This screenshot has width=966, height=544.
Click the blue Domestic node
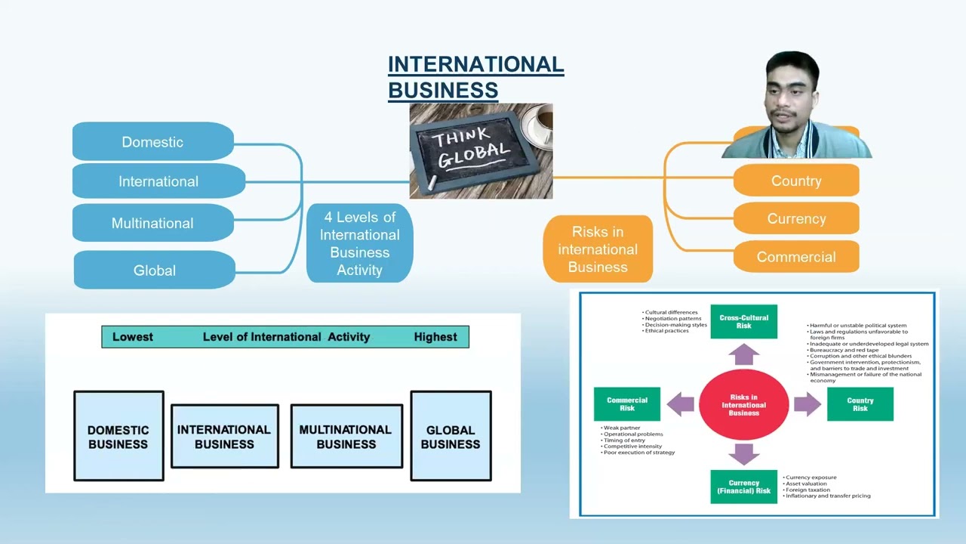tap(153, 142)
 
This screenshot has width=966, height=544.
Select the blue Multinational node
tap(153, 223)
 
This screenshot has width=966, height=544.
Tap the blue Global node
tap(155, 270)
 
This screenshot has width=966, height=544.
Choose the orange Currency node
tap(796, 218)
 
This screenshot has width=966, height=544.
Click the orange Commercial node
tap(796, 257)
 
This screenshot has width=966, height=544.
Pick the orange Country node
tap(796, 181)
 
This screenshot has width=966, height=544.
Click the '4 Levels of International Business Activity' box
tap(359, 243)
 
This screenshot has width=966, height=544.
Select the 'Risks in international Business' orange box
tap(598, 249)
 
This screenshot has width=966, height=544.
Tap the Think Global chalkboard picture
tap(481, 151)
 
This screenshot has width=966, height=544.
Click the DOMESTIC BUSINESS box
tap(118, 436)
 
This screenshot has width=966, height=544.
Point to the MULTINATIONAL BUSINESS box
tap(346, 436)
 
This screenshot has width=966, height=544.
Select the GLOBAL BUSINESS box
tap(451, 436)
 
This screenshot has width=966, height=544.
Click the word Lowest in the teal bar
tap(133, 337)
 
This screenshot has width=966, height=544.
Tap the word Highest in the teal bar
tap(435, 337)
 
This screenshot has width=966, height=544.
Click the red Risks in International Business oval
tap(743, 405)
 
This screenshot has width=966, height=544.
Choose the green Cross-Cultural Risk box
tap(743, 322)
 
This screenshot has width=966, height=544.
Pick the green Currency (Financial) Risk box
tap(743, 487)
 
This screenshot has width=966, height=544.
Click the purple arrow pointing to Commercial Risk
tap(681, 404)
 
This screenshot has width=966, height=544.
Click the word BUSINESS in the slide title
tap(443, 90)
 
